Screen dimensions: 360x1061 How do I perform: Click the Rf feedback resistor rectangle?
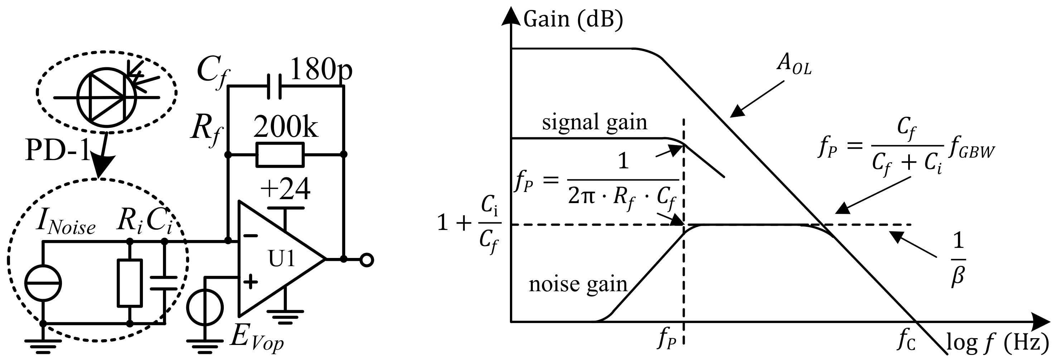[280, 154]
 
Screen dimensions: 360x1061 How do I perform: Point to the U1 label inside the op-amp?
[282, 259]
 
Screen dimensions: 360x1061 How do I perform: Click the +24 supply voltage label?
[285, 189]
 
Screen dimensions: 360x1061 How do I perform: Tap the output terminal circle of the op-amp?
[367, 260]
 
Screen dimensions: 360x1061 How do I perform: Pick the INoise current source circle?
[43, 283]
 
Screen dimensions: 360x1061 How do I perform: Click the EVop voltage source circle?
[205, 307]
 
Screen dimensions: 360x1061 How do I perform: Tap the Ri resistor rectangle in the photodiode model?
[130, 283]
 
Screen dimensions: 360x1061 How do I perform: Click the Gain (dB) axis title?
[573, 19]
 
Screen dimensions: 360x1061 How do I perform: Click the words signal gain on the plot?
[594, 123]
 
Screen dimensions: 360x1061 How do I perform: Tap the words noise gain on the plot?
[578, 284]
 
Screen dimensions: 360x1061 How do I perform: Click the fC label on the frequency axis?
[907, 341]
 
